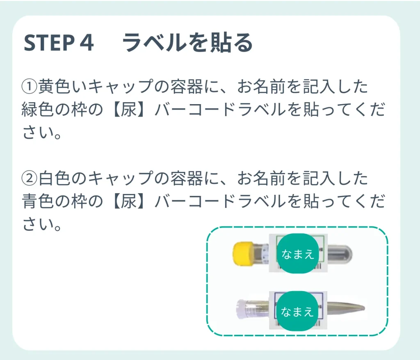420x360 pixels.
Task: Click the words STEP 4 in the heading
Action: [59, 43]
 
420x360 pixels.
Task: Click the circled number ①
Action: [29, 87]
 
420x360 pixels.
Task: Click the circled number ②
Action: [29, 179]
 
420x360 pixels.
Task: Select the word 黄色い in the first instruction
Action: [62, 87]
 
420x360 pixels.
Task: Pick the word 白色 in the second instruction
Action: [54, 179]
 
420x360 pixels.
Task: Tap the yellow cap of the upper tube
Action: [243, 254]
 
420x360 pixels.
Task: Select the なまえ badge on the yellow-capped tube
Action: [298, 253]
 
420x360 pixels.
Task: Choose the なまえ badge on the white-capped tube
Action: [297, 311]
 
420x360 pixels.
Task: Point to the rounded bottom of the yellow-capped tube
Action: [348, 255]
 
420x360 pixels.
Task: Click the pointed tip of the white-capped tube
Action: [363, 308]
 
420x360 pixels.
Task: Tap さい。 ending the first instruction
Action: [42, 132]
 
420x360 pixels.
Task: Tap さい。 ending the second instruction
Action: [42, 224]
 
